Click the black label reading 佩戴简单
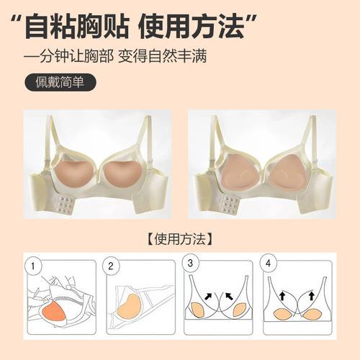(59, 81)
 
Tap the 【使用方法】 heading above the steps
(181, 237)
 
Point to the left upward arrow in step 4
(282, 295)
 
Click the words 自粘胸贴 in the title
(73, 27)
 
